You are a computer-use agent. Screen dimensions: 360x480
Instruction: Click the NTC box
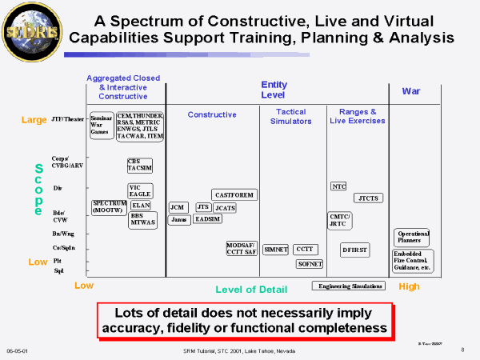[338, 186]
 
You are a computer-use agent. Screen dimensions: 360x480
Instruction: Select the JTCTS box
[368, 198]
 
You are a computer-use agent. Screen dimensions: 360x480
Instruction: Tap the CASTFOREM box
[234, 194]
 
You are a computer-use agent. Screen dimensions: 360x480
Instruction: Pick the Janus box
[179, 219]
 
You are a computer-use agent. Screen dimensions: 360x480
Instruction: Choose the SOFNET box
[309, 263]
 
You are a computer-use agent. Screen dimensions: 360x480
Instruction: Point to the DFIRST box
[354, 249]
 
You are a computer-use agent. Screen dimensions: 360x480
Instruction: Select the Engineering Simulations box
[349, 286]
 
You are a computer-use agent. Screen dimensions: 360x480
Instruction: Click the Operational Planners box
[413, 237]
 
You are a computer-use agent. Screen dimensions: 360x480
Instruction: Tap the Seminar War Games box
[102, 126]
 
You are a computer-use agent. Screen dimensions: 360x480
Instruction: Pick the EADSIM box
[207, 219]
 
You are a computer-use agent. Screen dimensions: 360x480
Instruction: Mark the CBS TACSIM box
[140, 166]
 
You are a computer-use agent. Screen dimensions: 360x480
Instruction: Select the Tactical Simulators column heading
[290, 116]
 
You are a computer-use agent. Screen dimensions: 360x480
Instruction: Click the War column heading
[411, 91]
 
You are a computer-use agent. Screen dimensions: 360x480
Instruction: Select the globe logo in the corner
[26, 31]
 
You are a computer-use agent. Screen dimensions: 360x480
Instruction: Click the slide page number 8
[463, 350]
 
